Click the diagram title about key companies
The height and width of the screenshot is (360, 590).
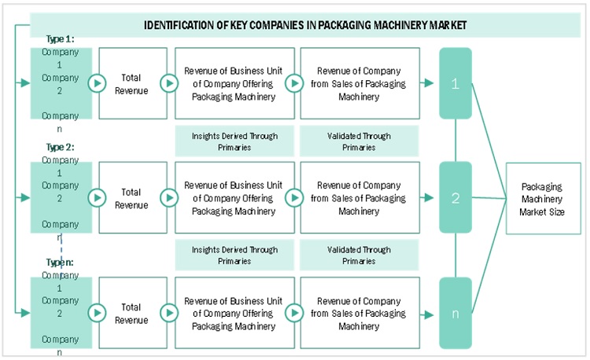305,25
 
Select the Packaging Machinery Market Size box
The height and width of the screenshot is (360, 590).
543,198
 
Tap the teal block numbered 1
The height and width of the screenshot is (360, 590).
455,83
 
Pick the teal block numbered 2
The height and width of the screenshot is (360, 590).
455,198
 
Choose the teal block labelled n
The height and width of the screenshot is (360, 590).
455,313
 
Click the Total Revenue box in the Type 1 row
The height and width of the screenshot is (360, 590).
132,83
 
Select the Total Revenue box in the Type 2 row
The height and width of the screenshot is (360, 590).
132,198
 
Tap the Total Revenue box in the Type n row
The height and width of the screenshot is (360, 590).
132,313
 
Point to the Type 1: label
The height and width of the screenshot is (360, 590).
61,39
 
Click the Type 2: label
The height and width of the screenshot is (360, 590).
61,147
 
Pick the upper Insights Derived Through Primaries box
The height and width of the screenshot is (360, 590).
234,141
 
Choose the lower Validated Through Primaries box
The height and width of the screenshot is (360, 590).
359,255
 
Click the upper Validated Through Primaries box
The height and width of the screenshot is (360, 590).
359,141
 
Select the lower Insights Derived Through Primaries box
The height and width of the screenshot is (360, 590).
234,255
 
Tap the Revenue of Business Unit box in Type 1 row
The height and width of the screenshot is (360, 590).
234,83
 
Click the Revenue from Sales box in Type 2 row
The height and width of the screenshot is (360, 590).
359,198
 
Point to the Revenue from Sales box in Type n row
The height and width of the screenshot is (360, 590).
359,313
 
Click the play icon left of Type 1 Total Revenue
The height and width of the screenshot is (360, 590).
98,83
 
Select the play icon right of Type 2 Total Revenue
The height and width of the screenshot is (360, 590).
169,198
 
